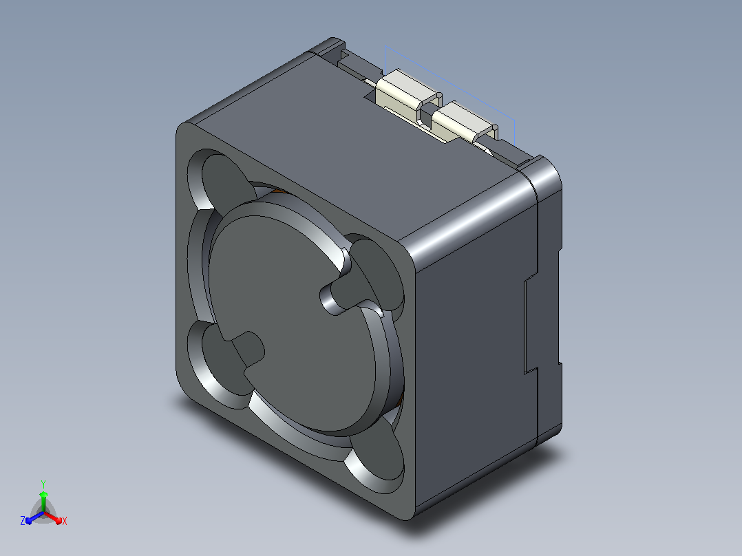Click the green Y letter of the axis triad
[x=43, y=484]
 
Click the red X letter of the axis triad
[x=65, y=521]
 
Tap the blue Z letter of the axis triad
[x=23, y=521]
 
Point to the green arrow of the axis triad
[x=43, y=501]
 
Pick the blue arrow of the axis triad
[x=34, y=517]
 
